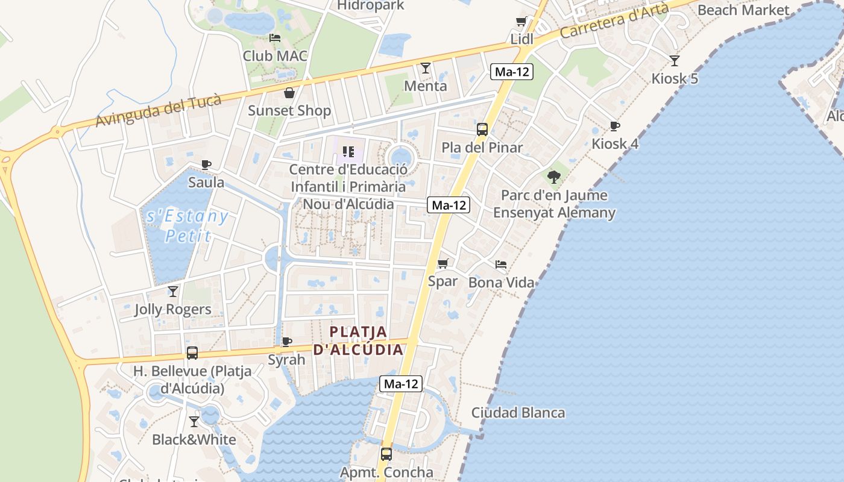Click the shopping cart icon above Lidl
521,22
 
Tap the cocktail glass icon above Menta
426,67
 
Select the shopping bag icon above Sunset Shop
289,93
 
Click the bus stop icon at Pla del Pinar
482,129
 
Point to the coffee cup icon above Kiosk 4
615,126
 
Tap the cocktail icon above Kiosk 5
675,60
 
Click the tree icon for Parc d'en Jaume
554,177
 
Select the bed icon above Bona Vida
501,264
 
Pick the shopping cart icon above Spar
443,263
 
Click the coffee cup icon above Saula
206,164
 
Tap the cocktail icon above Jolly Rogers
173,292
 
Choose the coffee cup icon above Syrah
287,342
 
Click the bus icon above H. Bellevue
192,353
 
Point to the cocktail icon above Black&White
194,421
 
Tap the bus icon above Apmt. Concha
386,454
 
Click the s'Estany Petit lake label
187,225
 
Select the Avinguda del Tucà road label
159,111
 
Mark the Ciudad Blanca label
518,413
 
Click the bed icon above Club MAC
275,37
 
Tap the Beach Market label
743,10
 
